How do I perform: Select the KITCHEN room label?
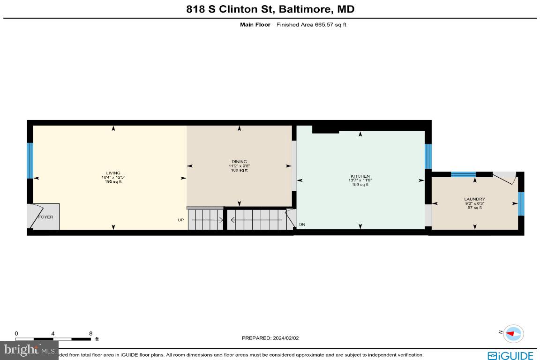click(360, 176)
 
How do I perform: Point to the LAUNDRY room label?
click(474, 199)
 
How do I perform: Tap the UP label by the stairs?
click(180, 220)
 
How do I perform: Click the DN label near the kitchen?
click(302, 225)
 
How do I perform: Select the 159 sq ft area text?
click(360, 185)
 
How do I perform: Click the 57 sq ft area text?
click(474, 208)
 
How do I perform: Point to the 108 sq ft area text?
click(240, 170)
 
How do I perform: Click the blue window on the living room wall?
click(30, 161)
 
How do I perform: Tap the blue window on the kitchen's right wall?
click(427, 156)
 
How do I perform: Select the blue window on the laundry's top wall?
click(463, 174)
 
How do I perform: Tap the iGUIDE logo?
click(510, 355)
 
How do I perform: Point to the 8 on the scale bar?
click(90, 334)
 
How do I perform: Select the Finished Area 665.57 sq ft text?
click(311, 25)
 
